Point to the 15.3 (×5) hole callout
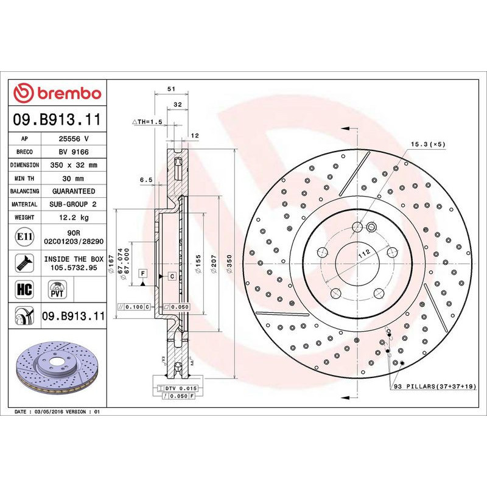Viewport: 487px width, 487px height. point(429,144)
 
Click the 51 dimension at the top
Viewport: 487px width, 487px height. point(171,89)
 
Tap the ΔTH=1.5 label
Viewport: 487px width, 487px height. point(148,122)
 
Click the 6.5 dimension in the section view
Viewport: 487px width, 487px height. point(145,180)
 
